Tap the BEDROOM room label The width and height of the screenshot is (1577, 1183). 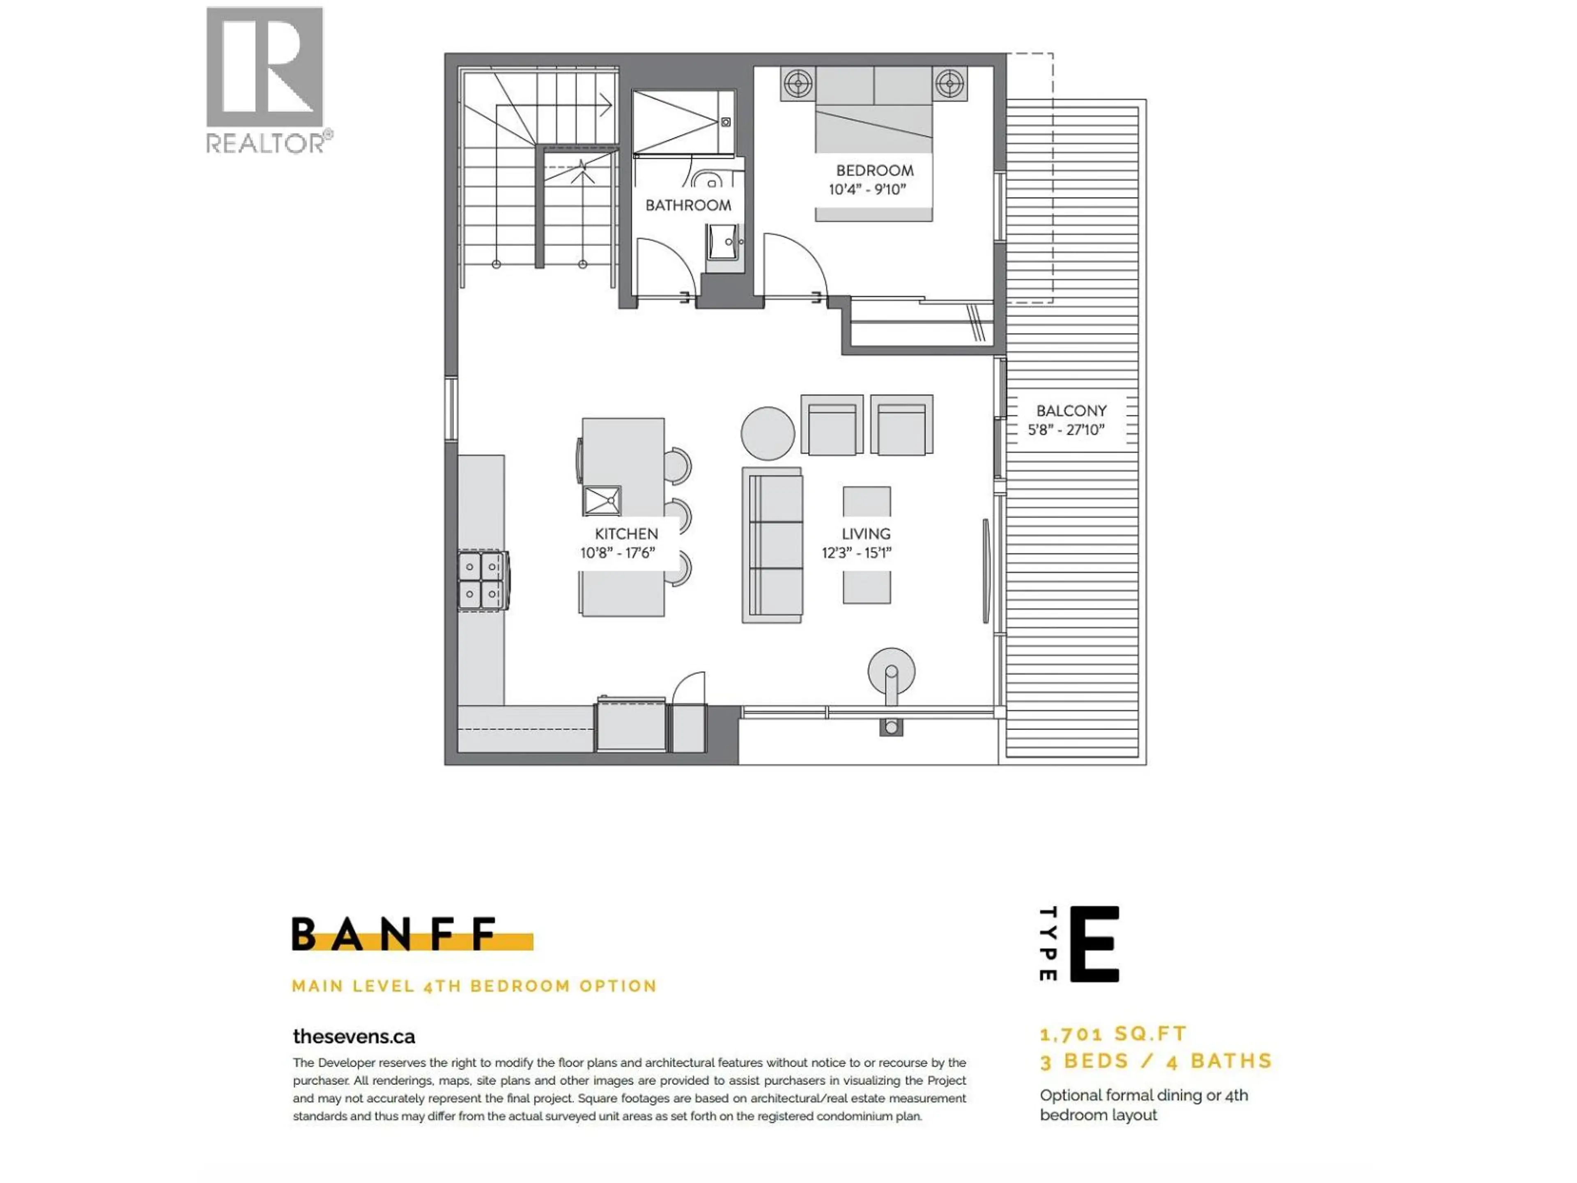(874, 170)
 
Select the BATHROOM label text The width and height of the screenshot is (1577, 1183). (688, 205)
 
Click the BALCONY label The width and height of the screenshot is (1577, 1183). (1071, 411)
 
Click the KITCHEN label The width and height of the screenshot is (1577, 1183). (626, 534)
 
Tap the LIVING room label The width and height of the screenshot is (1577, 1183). (865, 534)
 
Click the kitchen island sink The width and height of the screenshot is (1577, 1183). (602, 501)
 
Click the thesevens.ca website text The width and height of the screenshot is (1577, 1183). (354, 1036)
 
